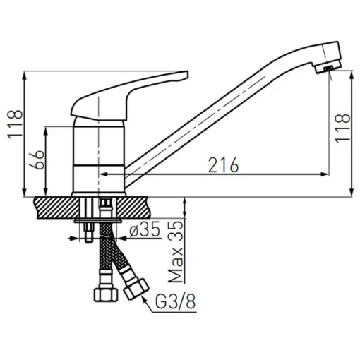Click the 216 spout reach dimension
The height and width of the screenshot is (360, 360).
tap(224, 164)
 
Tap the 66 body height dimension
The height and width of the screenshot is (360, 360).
tap(37, 160)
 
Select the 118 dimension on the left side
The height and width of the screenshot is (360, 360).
tap(16, 124)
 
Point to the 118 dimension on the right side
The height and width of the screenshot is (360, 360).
tap(342, 128)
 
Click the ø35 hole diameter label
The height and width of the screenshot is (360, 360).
tap(145, 229)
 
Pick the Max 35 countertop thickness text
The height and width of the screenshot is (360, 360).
tap(176, 251)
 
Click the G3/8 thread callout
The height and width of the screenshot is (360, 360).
tap(176, 301)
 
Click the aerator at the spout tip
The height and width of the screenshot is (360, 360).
tap(328, 68)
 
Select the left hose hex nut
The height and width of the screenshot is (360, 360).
tap(106, 294)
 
